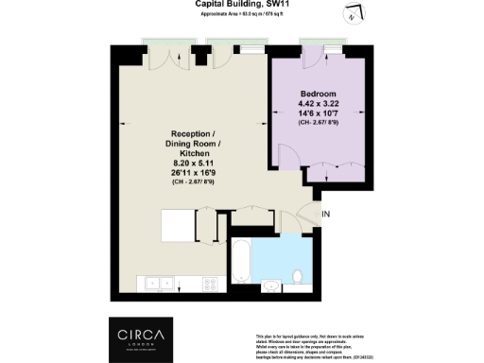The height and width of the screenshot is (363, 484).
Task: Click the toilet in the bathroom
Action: click(270, 282)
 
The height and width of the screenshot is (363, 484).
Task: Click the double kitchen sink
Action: click(157, 281)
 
